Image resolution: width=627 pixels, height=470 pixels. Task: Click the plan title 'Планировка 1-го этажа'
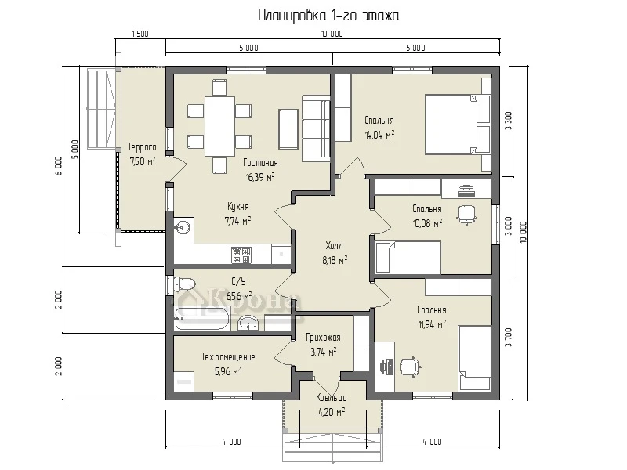(x=328, y=16)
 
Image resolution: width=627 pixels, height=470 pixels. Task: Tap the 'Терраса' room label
(x=142, y=147)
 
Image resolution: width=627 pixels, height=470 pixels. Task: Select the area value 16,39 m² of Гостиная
(x=260, y=177)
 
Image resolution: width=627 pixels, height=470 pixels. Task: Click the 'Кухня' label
(x=238, y=207)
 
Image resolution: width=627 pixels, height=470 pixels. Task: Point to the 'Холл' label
(x=335, y=245)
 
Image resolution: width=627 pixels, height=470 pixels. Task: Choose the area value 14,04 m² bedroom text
(x=379, y=135)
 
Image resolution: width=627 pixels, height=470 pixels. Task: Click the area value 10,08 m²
(x=427, y=223)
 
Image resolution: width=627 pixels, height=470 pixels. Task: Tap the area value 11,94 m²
(x=433, y=324)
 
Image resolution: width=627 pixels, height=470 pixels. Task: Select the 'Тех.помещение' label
(x=228, y=357)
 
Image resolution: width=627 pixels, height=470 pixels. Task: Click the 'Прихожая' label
(x=323, y=338)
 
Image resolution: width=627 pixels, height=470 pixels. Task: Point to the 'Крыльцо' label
(x=331, y=398)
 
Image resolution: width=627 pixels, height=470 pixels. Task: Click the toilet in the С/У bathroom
(x=185, y=284)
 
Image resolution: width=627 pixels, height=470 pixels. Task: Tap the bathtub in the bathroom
(x=202, y=319)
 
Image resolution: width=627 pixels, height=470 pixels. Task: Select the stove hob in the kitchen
(x=241, y=255)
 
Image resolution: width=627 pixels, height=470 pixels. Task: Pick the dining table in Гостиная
(x=219, y=126)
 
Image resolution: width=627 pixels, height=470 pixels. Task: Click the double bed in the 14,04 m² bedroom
(x=458, y=125)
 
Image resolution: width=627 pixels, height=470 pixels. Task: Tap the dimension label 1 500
(x=140, y=34)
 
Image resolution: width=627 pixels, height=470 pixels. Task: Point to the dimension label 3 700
(x=508, y=338)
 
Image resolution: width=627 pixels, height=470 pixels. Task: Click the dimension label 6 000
(x=59, y=166)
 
